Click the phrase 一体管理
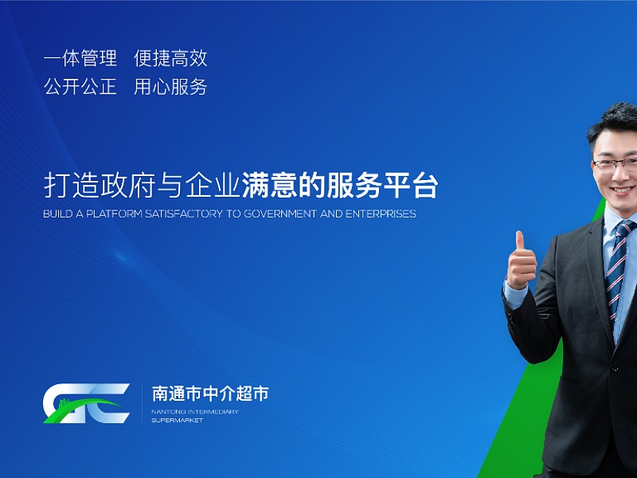pyautogui.click(x=80, y=58)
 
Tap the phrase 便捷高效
pyautogui.click(x=170, y=58)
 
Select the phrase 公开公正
pyautogui.click(x=80, y=87)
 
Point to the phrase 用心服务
pyautogui.click(x=170, y=87)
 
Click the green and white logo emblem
pyautogui.click(x=86, y=402)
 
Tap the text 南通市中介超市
pyautogui.click(x=210, y=394)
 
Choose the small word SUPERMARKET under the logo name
pyautogui.click(x=177, y=420)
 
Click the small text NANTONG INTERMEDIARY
pyautogui.click(x=194, y=412)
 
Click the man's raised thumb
pyautogui.click(x=520, y=243)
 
